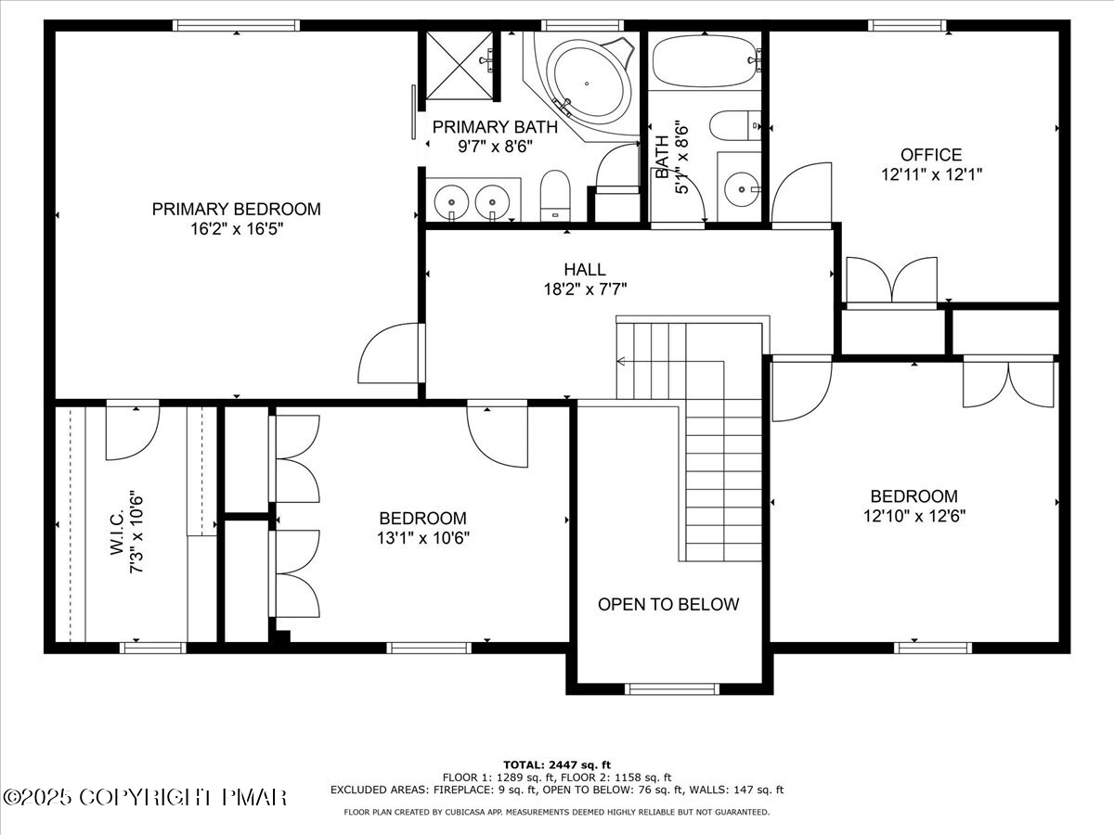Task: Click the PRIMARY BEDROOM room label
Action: coord(237,209)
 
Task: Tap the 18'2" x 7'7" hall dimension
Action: coord(585,289)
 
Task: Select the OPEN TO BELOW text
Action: coord(668,604)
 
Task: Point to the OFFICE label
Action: coord(931,155)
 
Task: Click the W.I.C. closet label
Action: coord(117,533)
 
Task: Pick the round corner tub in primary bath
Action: coord(587,83)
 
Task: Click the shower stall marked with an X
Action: coord(460,65)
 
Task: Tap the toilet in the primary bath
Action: coord(555,196)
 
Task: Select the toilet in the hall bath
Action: coord(735,125)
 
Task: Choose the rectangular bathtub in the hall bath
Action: coord(706,61)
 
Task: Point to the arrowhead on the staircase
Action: coord(620,362)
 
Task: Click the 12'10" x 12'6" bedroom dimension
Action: coord(914,516)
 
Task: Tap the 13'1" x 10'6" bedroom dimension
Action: coord(422,538)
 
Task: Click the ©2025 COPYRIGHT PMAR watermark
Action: coord(145,798)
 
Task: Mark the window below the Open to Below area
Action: coord(671,689)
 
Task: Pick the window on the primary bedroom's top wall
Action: coord(236,25)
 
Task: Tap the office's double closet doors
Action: coord(892,281)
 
